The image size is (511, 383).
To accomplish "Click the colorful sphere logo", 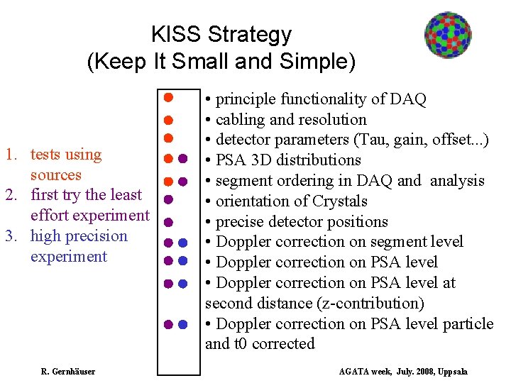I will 448,35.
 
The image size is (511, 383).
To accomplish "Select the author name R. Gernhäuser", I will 67,371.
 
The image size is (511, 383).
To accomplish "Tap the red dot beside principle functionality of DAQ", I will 169,96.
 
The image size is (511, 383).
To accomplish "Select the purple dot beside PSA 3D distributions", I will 182,158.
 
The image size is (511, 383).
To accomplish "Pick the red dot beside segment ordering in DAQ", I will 169,179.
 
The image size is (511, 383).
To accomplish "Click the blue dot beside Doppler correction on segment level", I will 182,243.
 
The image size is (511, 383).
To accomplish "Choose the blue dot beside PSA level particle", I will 182,324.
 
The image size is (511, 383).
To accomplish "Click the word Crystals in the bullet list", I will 336,201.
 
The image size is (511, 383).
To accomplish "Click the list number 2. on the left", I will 11,195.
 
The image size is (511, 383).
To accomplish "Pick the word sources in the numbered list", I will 55,174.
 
